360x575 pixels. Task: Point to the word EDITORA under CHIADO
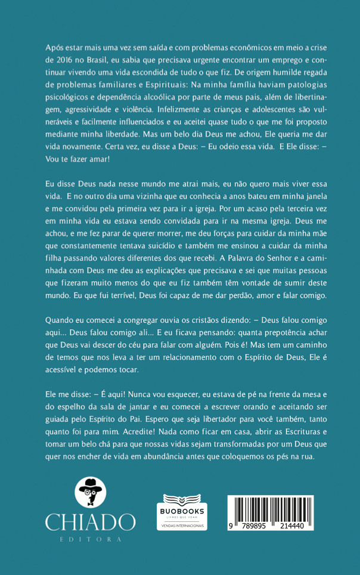click(91, 540)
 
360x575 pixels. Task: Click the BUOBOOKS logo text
click(182, 511)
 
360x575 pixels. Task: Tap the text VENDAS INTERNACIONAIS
click(182, 525)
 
